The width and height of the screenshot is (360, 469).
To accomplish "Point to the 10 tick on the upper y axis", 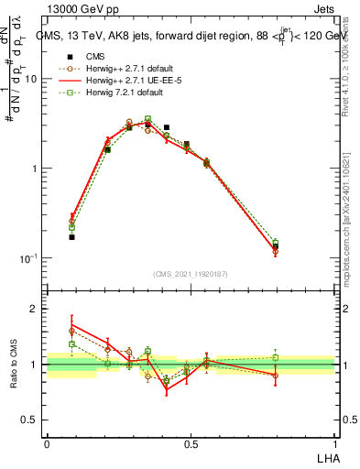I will click(30, 79).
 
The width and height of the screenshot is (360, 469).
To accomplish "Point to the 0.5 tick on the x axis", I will click(191, 443).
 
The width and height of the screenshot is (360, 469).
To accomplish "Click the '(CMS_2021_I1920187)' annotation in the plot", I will click(191, 272).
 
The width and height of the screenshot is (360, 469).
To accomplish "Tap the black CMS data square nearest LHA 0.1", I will click(71, 237).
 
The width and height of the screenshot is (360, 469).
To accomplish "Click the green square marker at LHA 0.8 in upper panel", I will click(276, 243).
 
